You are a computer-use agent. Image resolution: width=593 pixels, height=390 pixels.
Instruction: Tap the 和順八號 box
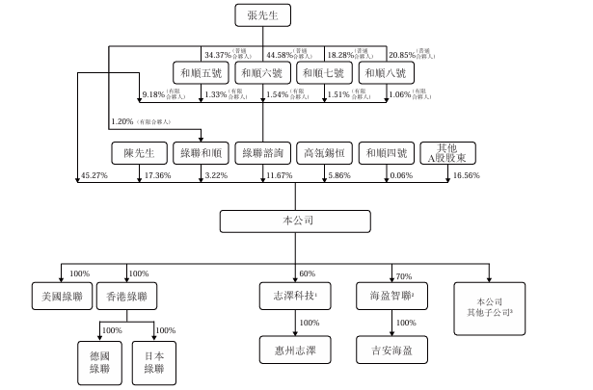[385, 73]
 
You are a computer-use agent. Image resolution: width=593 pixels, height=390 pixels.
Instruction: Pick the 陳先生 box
[140, 152]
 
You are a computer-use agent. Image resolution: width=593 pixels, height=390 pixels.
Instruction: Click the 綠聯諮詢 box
[263, 152]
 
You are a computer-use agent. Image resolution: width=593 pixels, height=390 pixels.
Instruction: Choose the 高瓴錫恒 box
[324, 152]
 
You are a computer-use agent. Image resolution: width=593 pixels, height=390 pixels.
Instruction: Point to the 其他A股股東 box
[445, 152]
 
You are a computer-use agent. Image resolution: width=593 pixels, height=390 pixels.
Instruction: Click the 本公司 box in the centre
[297, 221]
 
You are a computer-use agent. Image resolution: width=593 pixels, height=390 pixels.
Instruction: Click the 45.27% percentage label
[94, 176]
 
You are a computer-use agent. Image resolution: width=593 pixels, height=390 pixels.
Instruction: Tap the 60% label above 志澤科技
[307, 273]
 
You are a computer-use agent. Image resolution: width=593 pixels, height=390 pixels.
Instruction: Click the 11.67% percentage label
[280, 176]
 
